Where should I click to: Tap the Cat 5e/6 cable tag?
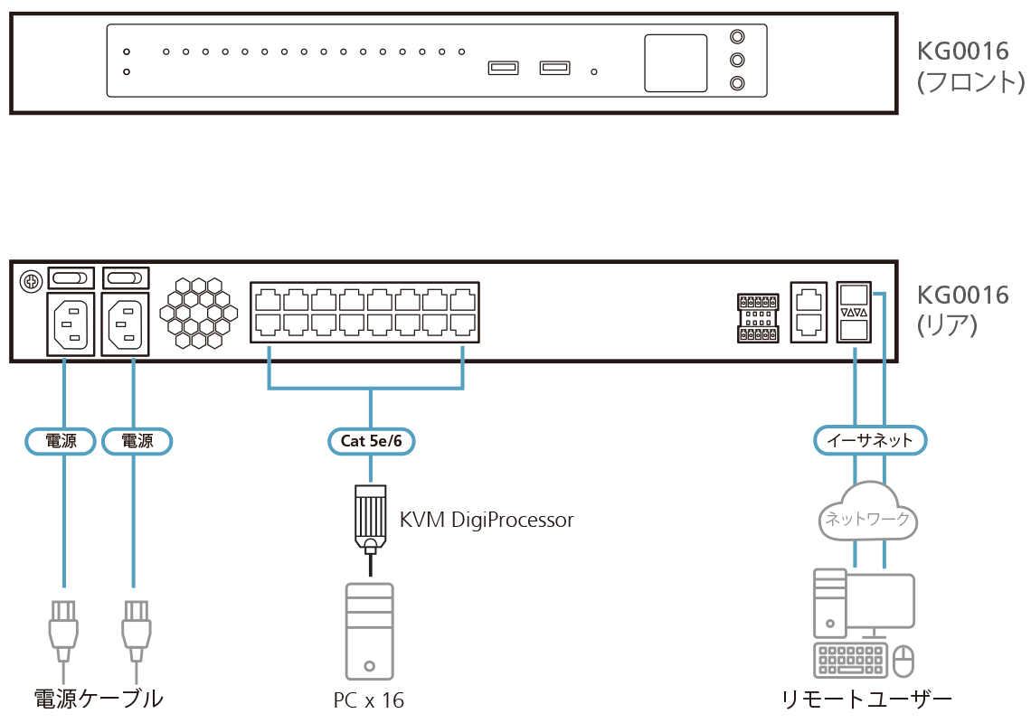pos(370,441)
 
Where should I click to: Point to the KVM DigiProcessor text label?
pos(487,520)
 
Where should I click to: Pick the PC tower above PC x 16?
pos(369,631)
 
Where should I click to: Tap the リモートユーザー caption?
pos(867,700)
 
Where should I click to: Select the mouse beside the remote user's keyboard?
pos(903,662)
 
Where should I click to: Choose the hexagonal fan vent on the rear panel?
pos(197,313)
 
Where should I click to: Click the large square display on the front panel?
pos(676,63)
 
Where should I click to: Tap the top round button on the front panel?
pos(738,38)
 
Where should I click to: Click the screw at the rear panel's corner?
pos(30,281)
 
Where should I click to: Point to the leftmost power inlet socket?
pos(69,324)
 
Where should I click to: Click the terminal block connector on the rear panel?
pos(758,317)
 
